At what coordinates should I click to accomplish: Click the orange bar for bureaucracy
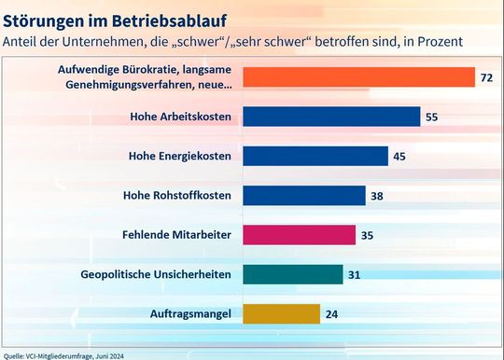(x=359, y=76)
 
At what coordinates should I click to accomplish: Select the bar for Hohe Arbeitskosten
(x=331, y=116)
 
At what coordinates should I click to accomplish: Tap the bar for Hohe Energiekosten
(x=315, y=156)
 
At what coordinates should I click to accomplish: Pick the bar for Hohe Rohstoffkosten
(x=303, y=195)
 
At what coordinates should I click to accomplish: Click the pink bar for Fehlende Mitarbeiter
(x=299, y=234)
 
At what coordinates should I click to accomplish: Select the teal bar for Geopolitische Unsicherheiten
(x=292, y=274)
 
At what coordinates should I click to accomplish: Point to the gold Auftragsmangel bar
(x=281, y=313)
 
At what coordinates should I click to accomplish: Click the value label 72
(x=486, y=77)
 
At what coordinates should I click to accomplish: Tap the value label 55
(x=432, y=117)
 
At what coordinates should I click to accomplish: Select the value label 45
(x=399, y=156)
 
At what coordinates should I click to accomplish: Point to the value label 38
(x=377, y=196)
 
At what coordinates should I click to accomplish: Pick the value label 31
(x=355, y=274)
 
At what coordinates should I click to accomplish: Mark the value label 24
(x=331, y=314)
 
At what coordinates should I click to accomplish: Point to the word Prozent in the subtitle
(x=437, y=42)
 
